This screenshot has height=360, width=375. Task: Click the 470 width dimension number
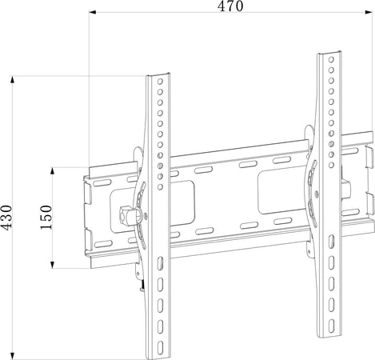point(230,6)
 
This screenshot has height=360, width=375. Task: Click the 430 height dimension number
point(6,217)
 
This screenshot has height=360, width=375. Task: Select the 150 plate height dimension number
point(46,217)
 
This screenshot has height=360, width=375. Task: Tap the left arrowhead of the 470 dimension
point(92,12)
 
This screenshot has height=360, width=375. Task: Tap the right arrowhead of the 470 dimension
point(369,12)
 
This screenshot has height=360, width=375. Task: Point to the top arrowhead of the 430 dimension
point(12,79)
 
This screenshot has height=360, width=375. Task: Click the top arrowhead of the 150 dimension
point(53,171)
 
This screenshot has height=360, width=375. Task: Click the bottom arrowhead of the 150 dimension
point(53,265)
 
